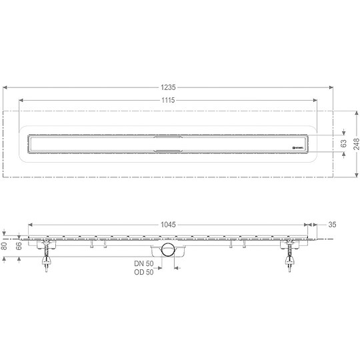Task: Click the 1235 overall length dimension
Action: tap(169, 81)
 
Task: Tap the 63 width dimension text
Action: tap(344, 142)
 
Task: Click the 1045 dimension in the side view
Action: tap(167, 225)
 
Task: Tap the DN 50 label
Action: tap(143, 264)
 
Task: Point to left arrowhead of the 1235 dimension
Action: tap(5, 87)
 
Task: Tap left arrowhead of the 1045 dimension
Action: tap(30, 225)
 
